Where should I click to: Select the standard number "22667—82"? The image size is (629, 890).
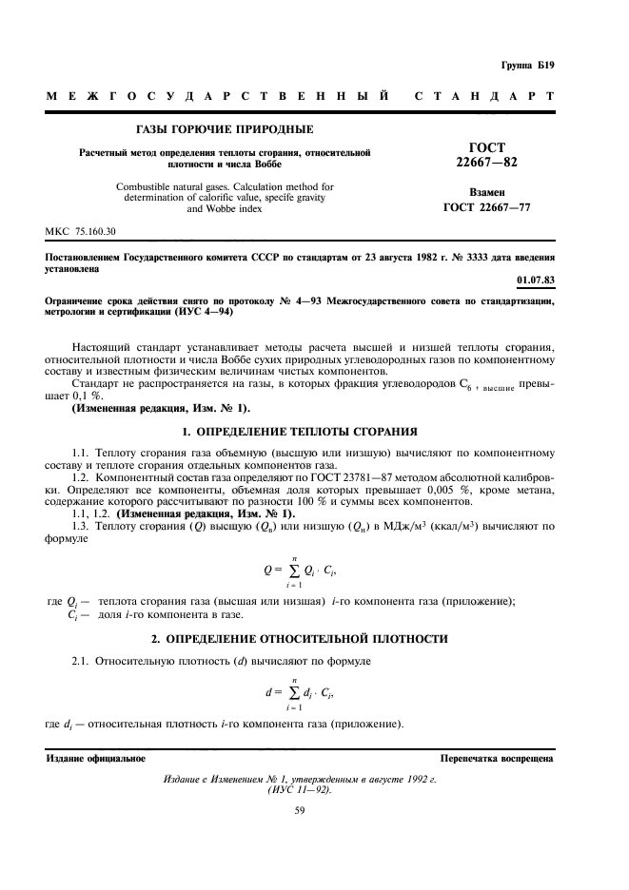tap(487, 163)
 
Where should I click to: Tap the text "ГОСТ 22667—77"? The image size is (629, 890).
tap(487, 207)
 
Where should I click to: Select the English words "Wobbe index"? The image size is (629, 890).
tap(224, 208)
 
